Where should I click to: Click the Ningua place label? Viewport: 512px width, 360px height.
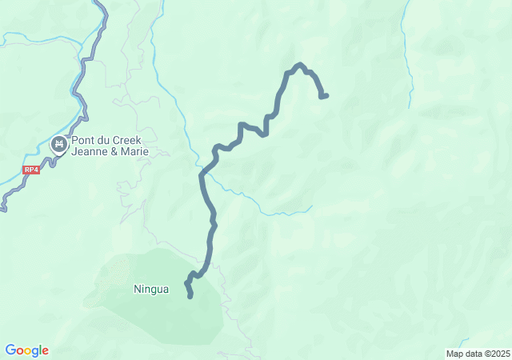coord(151,289)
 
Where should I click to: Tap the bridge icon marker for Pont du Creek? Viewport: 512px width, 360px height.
coord(58,145)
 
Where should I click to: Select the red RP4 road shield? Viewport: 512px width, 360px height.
coord(31,170)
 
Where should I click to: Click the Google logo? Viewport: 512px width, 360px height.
coord(26,350)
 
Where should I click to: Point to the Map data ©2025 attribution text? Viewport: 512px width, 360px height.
coord(478,354)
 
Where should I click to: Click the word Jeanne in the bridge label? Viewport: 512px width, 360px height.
coord(89,151)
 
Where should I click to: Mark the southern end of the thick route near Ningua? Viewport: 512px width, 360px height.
coord(190,297)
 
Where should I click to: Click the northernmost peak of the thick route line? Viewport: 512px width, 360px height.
coord(299,65)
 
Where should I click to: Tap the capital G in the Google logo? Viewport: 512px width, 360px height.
coord(10,350)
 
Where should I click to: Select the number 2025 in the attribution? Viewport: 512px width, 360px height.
coord(500,354)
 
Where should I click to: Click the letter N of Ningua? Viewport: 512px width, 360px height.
coord(137,289)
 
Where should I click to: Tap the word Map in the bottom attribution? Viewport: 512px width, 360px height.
coord(454,354)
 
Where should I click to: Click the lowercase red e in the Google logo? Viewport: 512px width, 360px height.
coord(45,351)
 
